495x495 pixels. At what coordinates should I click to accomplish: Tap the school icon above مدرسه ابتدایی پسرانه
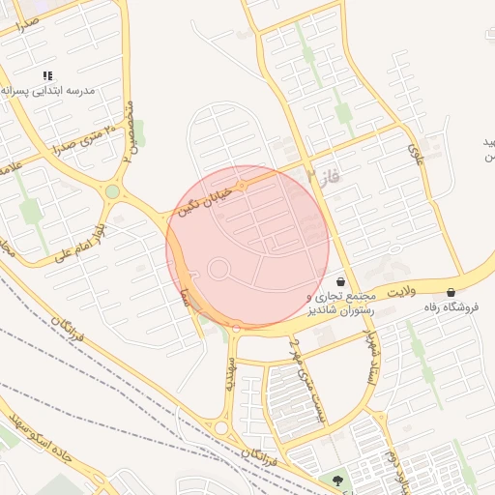click(48, 75)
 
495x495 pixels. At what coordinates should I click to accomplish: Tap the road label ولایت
click(399, 290)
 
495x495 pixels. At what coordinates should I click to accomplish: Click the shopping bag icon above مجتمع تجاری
click(341, 281)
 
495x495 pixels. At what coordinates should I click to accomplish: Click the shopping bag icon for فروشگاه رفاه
click(451, 292)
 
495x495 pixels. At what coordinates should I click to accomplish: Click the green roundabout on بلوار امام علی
click(113, 191)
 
